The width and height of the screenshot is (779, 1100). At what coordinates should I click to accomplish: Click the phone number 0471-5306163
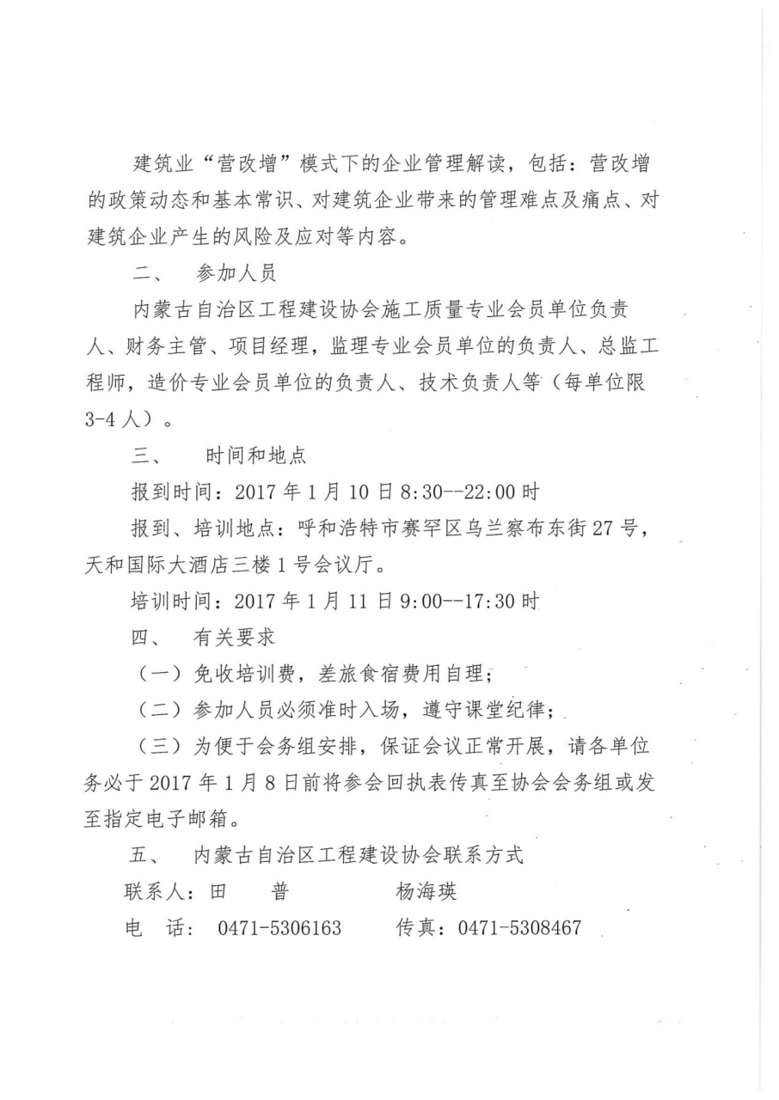[279, 928]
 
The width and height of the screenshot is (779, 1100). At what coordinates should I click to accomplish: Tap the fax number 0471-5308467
[519, 928]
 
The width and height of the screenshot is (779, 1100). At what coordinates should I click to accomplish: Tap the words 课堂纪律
[512, 711]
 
